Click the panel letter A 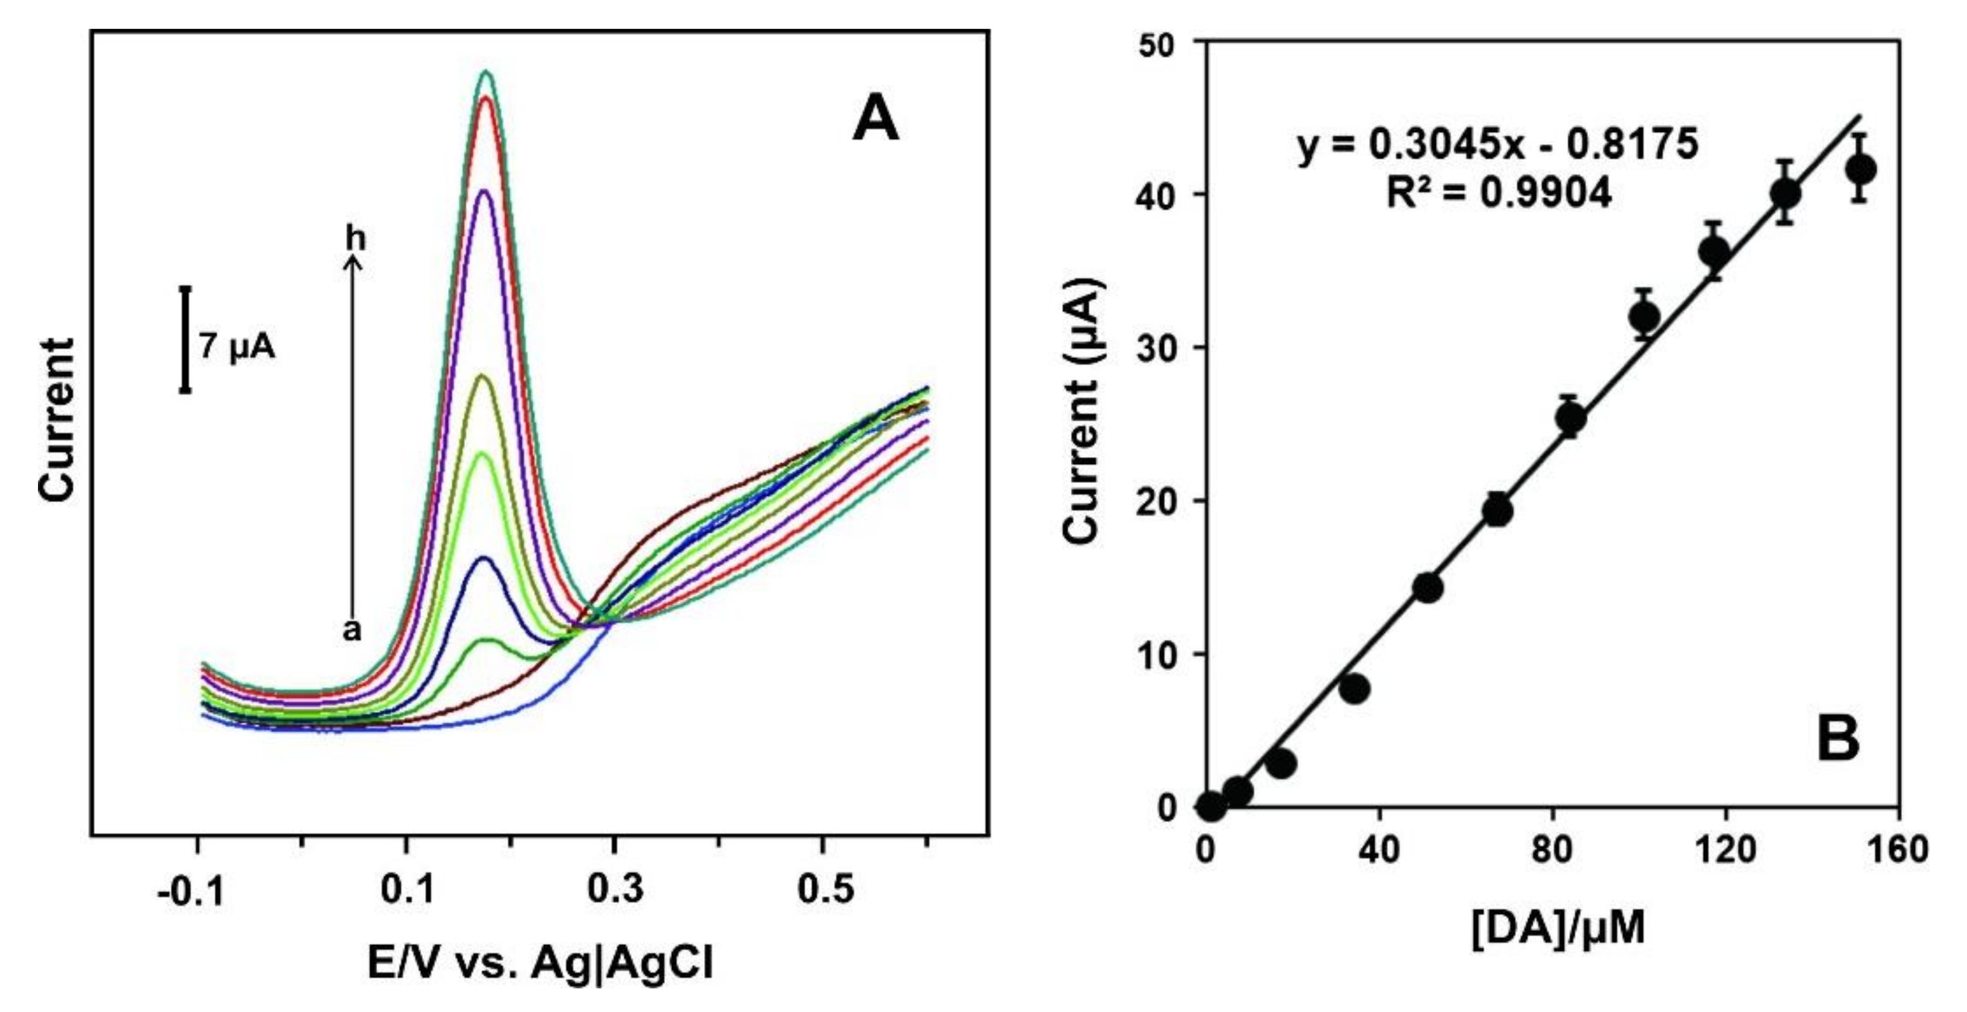875,120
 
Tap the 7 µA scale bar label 237,348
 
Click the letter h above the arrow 355,239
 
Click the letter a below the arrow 351,630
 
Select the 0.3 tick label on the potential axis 614,890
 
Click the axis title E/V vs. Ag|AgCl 539,963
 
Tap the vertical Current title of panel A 57,420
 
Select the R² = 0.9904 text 1498,193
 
